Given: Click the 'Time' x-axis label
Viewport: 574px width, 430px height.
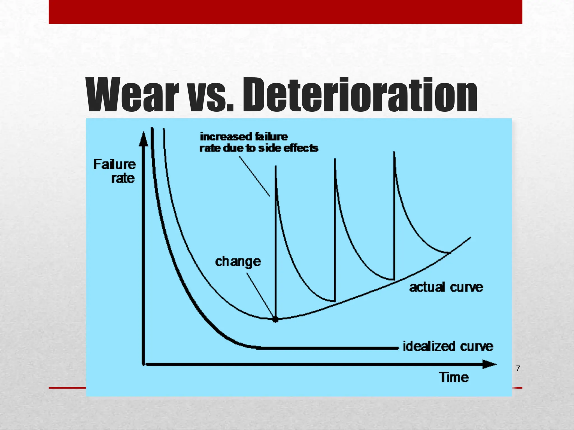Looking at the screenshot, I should [x=454, y=377].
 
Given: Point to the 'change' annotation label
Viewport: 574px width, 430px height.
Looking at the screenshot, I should [x=238, y=261].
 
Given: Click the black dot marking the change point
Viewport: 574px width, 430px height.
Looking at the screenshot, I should [x=276, y=319].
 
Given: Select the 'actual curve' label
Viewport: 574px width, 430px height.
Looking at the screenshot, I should [x=446, y=288].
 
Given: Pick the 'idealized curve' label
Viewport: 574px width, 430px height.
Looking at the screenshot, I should [x=448, y=347].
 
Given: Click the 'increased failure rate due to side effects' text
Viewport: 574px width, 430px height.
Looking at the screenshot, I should [x=258, y=142].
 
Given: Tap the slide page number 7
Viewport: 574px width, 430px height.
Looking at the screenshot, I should [x=518, y=369].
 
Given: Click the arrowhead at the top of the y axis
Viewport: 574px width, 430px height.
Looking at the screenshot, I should [x=143, y=139].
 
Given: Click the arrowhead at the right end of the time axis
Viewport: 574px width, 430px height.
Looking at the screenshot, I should [x=489, y=364].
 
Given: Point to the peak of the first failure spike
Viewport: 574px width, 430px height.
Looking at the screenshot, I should [x=276, y=167].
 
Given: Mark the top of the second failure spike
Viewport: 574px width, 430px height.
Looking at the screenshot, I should [x=335, y=159].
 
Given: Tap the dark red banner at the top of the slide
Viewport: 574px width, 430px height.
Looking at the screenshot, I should [x=285, y=12].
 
